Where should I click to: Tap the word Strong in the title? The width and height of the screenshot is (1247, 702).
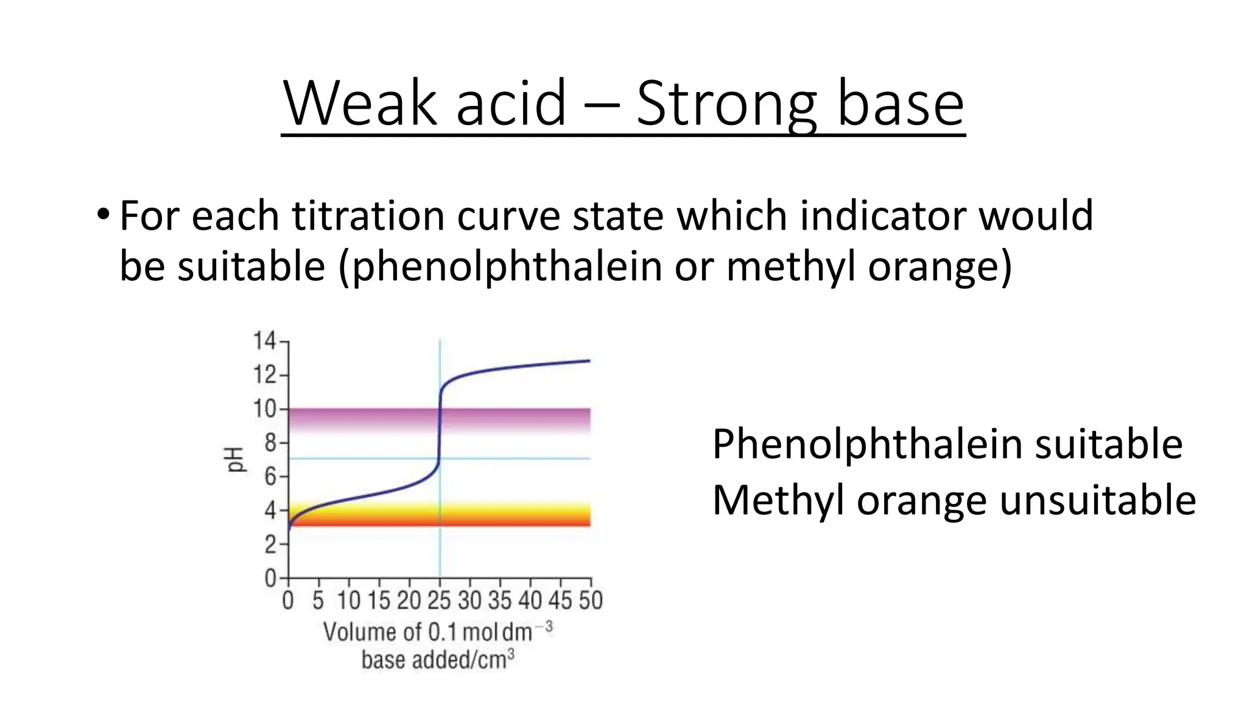click(726, 104)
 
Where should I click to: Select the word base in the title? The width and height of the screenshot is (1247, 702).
click(901, 104)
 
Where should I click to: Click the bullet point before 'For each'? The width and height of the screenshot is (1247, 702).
click(103, 214)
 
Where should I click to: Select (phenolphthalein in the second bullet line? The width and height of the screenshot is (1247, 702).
click(500, 267)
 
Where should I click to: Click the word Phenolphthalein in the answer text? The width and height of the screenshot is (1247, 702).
click(866, 444)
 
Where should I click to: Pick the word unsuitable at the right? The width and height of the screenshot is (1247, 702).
click(1098, 500)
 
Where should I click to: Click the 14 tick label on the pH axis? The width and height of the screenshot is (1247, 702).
click(265, 341)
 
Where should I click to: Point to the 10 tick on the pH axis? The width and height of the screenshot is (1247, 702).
click(265, 408)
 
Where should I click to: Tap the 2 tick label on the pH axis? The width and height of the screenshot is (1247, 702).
click(270, 544)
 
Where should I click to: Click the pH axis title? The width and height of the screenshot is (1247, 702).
click(235, 459)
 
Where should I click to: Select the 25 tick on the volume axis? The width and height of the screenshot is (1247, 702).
click(439, 601)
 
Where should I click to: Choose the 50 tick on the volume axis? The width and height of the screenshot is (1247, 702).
click(590, 601)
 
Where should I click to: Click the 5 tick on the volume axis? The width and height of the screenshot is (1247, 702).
click(318, 601)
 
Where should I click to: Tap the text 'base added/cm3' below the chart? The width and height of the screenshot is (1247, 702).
click(438, 660)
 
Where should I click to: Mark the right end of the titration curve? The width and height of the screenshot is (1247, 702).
click(589, 361)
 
